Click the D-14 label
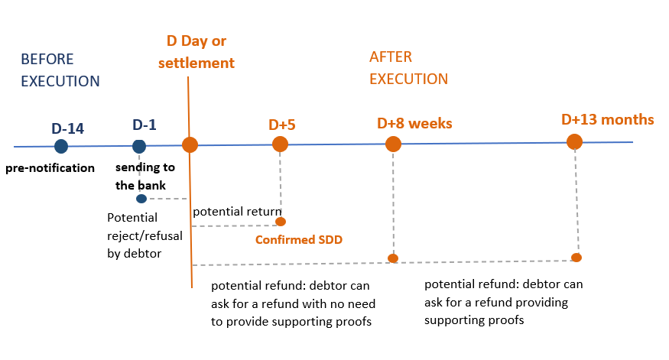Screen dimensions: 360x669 [67, 127]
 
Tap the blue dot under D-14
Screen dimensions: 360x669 [61, 146]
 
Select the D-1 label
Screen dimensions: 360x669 [144, 125]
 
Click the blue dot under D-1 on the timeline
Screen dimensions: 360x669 [139, 146]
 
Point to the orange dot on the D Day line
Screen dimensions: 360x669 [190, 144]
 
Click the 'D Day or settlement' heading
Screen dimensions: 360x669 [196, 52]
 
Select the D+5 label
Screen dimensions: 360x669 [281, 125]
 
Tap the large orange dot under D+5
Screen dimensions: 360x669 [280, 144]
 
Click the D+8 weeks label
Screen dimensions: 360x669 [415, 123]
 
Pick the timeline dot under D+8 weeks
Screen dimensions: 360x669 [393, 144]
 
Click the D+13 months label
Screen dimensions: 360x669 [608, 119]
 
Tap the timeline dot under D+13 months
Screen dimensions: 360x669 [574, 141]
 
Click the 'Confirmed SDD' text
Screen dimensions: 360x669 [298, 240]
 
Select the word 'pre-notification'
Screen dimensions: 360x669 [50, 168]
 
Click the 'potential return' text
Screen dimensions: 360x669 [236, 211]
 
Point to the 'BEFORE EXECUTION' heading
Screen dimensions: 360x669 [60, 70]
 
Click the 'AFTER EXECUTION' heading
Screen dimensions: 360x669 [408, 67]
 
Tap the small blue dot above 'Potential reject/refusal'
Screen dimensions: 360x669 [141, 199]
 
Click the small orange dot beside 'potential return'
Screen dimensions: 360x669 [281, 222]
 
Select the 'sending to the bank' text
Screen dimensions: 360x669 [145, 176]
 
